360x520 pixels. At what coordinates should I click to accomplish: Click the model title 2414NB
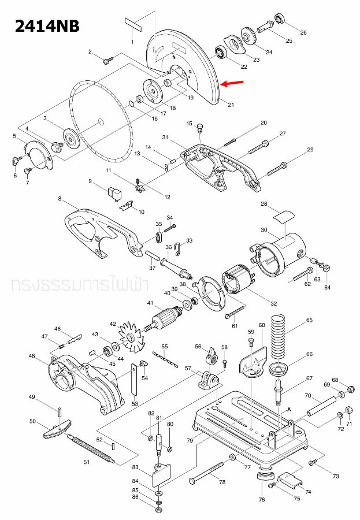[x=47, y=25]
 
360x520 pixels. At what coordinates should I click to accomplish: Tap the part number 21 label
[x=231, y=105]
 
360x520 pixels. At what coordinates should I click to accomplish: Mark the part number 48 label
[x=32, y=356]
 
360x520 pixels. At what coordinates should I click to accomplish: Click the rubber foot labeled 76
[x=264, y=477]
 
